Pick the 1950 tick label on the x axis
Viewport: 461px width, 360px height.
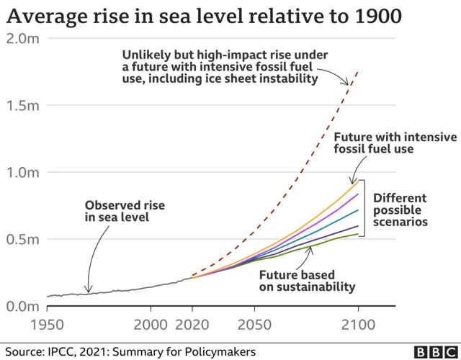[x=47, y=323]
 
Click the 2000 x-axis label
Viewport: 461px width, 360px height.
[x=151, y=323]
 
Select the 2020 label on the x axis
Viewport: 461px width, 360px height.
[x=192, y=323]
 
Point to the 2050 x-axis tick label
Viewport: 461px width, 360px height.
[x=254, y=323]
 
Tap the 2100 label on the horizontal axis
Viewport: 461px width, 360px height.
[x=358, y=323]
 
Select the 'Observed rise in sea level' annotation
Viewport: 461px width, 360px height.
[x=120, y=210]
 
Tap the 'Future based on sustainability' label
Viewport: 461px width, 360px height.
[x=308, y=280]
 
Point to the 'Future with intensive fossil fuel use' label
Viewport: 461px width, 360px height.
[x=395, y=143]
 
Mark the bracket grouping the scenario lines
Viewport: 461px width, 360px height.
[x=364, y=207]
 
